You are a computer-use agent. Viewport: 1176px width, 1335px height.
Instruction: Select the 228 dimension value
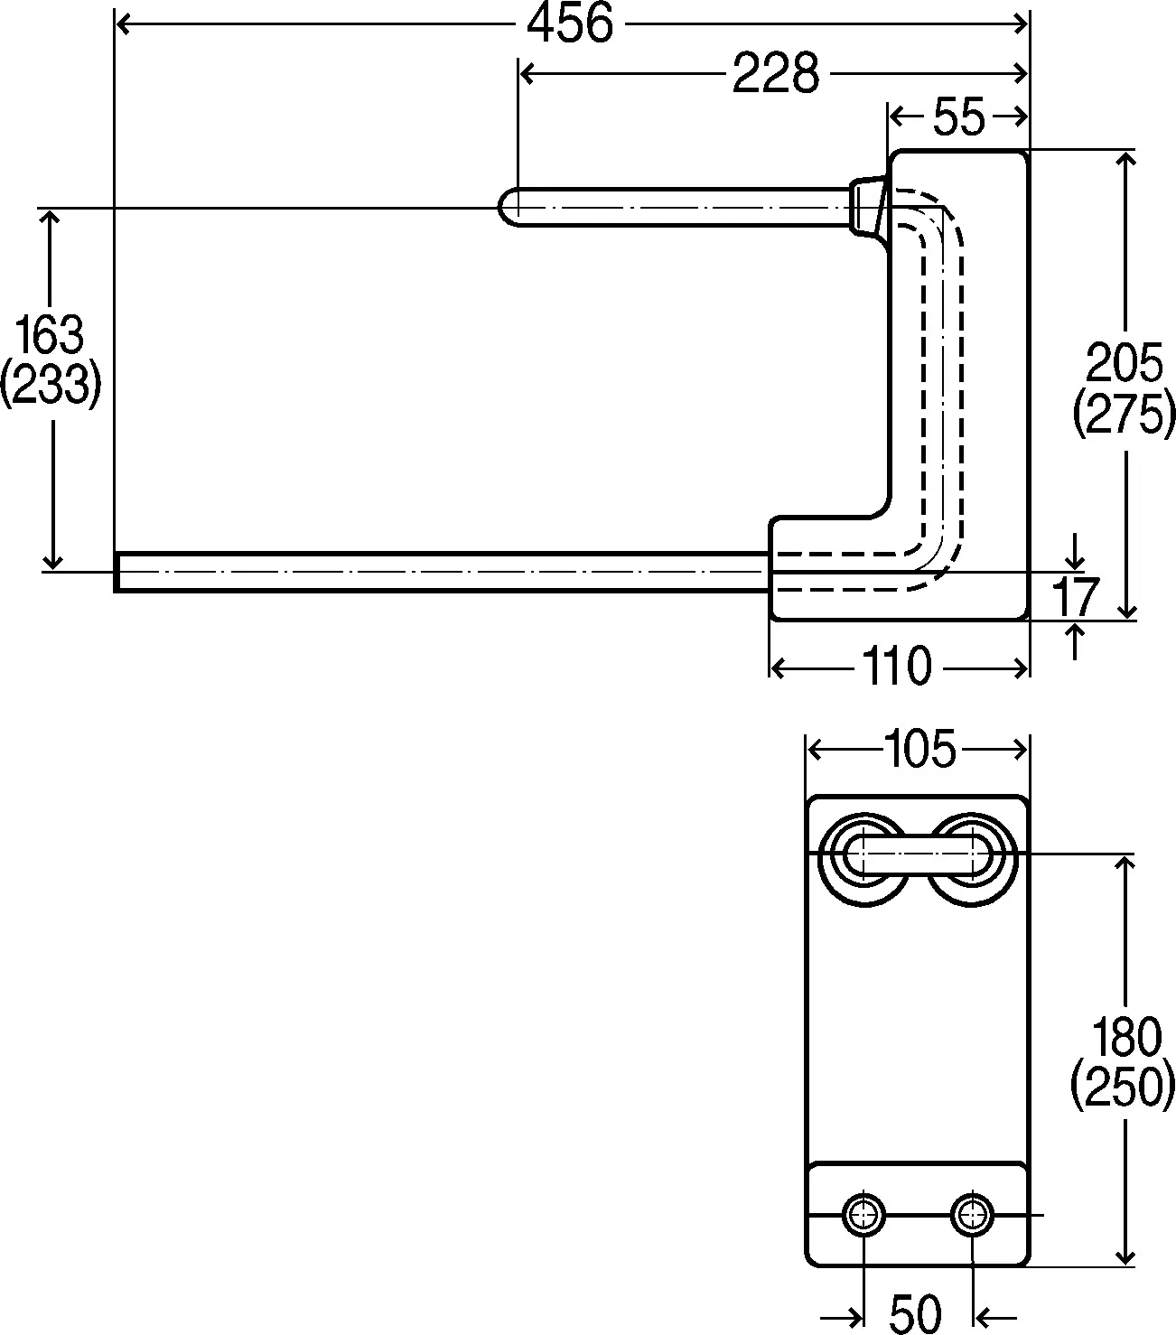[x=775, y=73]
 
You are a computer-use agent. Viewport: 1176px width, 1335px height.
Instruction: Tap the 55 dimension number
[x=958, y=117]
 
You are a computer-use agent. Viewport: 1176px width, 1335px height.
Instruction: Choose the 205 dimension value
[x=1124, y=363]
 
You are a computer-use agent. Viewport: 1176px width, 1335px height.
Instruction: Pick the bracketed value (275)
[x=1124, y=414]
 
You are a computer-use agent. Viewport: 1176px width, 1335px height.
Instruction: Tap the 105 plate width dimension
[x=916, y=749]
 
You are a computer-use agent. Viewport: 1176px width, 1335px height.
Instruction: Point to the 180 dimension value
[x=1124, y=1037]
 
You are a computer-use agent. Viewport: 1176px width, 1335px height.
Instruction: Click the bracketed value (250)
[x=1124, y=1087]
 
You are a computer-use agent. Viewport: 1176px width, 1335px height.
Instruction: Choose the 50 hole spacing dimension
[x=916, y=1313]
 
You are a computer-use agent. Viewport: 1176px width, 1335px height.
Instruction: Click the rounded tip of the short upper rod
[x=508, y=207]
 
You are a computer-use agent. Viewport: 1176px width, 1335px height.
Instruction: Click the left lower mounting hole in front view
[x=863, y=1216]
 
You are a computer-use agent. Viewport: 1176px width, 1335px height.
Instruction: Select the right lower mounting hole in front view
[x=972, y=1216]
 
